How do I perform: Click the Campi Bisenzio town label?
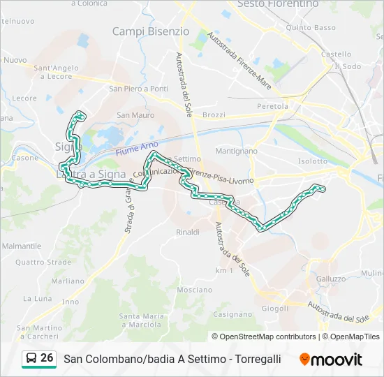click(150, 31)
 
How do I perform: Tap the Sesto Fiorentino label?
click(278, 4)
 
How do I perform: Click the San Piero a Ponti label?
click(138, 89)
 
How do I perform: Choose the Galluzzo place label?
click(331, 279)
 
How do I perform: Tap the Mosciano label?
click(195, 290)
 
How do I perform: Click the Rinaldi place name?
click(188, 232)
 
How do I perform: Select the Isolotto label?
click(312, 161)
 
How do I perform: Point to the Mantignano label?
click(237, 151)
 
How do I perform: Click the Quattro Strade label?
click(43, 263)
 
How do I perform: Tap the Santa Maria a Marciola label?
click(142, 320)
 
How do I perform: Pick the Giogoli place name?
click(274, 308)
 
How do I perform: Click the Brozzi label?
click(213, 115)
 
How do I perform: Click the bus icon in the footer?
click(31, 359)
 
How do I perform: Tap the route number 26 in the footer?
click(47, 358)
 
